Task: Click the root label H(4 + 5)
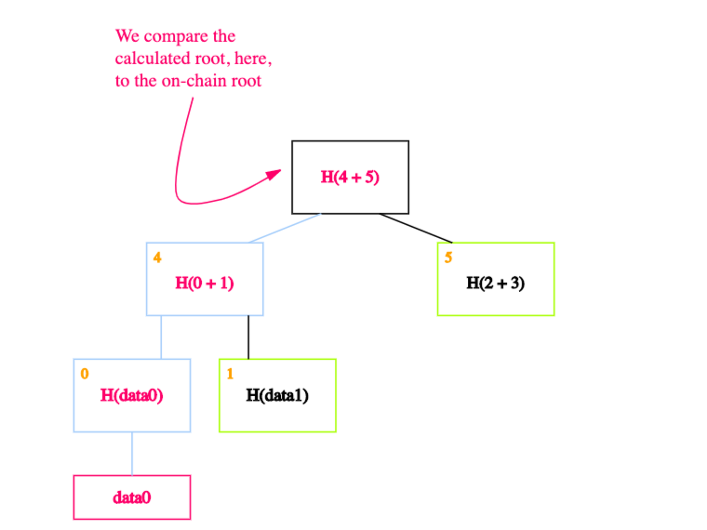[350, 177]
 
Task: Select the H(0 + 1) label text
[205, 283]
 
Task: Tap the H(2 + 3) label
[495, 283]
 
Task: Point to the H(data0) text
[132, 395]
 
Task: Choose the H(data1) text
[277, 395]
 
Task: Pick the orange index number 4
[157, 258]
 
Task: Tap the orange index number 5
[448, 258]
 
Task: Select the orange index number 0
[85, 374]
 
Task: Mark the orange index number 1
[230, 374]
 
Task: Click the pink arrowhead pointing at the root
[273, 175]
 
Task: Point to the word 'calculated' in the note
[153, 59]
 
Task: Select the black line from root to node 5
[416, 228]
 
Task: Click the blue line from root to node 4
[285, 228]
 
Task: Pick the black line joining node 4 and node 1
[248, 338]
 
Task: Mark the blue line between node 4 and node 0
[161, 338]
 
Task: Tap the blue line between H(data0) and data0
[132, 454]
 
